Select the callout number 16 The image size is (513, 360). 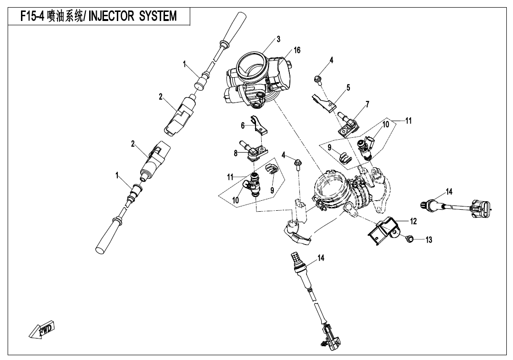297,50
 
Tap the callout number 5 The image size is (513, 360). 349,87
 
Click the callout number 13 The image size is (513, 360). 429,240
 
